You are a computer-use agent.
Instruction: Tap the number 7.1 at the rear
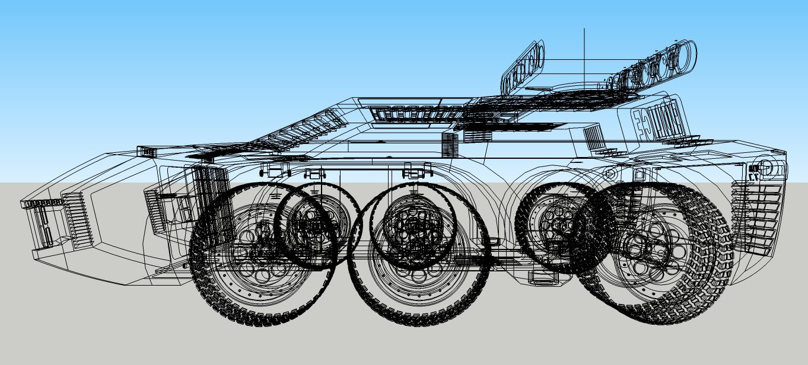753,175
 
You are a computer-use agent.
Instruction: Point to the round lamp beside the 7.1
766,167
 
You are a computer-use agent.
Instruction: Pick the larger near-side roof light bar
653,66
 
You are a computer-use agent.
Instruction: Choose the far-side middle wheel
412,225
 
